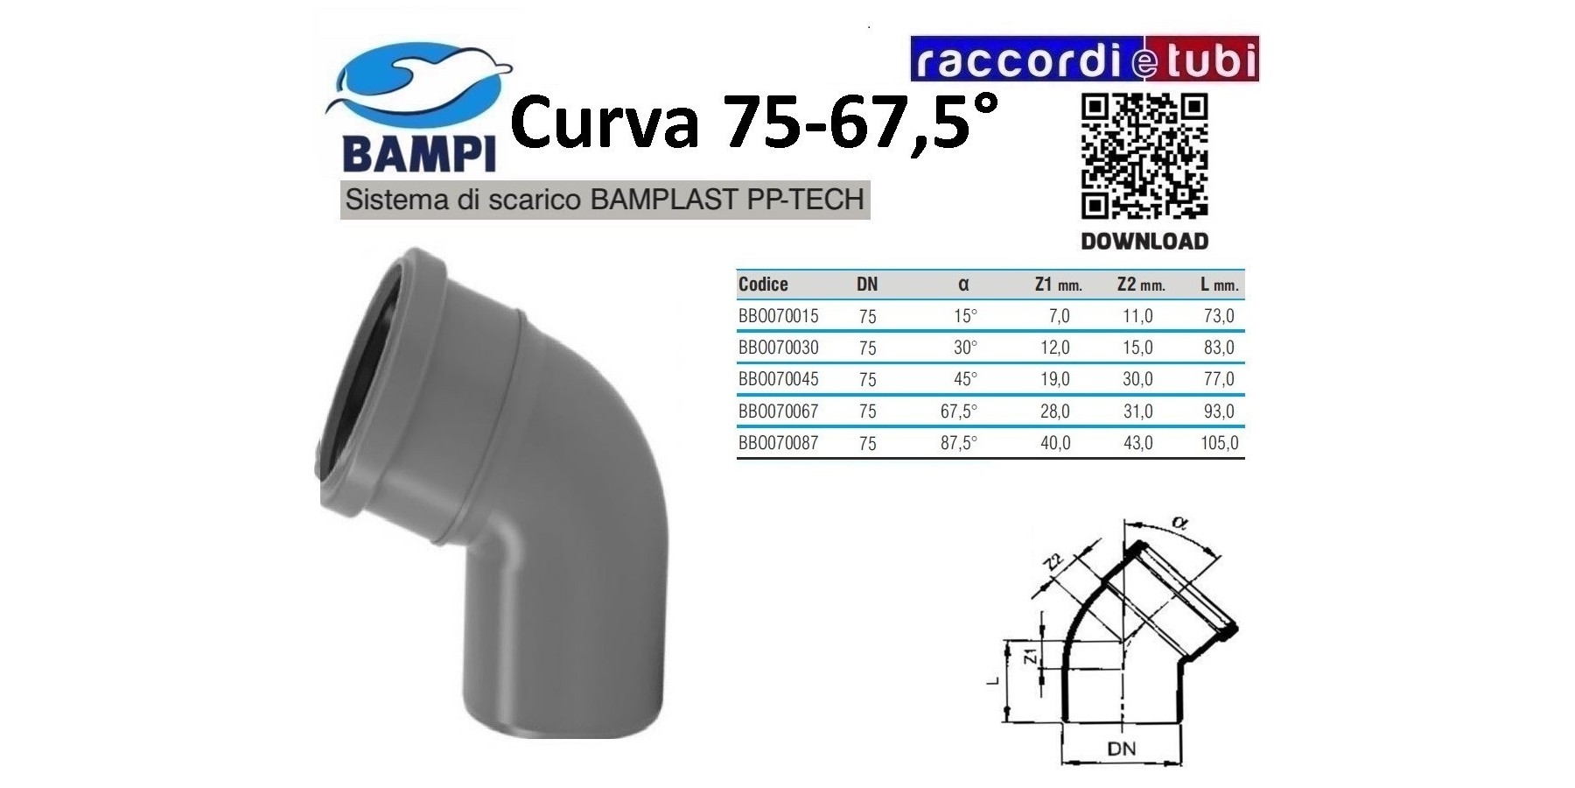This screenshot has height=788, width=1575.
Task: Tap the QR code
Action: pyautogui.click(x=1144, y=157)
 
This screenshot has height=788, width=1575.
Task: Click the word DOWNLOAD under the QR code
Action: pyautogui.click(x=1144, y=242)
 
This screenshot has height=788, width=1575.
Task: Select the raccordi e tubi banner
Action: pyautogui.click(x=1084, y=59)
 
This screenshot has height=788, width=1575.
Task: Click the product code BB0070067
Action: pyautogui.click(x=778, y=411)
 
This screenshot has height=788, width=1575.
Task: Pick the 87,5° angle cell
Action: pyautogui.click(x=959, y=443)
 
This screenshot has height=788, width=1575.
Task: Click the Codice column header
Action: pyautogui.click(x=763, y=284)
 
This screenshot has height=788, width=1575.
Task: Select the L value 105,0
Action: pyautogui.click(x=1220, y=443)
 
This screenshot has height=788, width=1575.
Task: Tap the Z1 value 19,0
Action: pyautogui.click(x=1055, y=379)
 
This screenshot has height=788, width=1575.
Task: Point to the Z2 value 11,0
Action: pyautogui.click(x=1137, y=316)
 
